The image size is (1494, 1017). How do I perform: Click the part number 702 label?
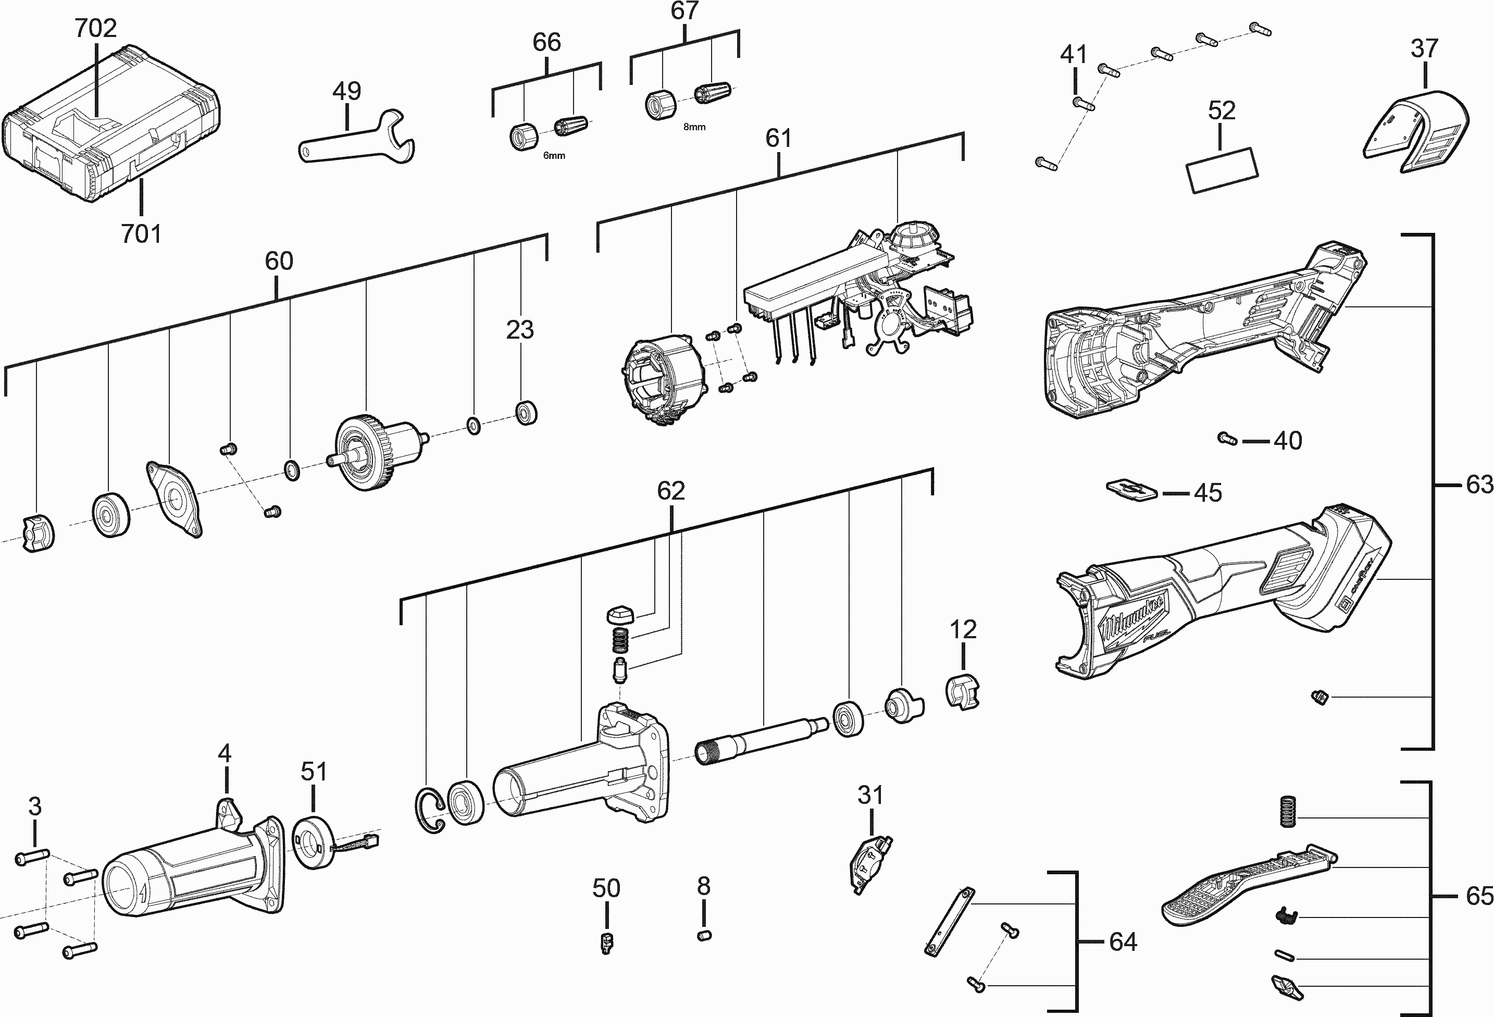coord(96,28)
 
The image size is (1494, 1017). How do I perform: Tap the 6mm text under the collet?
coord(554,156)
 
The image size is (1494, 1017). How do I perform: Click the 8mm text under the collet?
coord(694,127)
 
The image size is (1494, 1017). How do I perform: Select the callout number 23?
coord(519,330)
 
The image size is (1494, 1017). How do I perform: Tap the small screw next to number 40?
coord(1227,439)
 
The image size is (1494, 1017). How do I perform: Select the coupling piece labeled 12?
coord(962,692)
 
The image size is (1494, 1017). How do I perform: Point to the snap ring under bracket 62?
coord(429,811)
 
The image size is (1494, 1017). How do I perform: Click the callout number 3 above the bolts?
coord(35,806)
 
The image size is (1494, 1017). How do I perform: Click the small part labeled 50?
coord(606,942)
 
